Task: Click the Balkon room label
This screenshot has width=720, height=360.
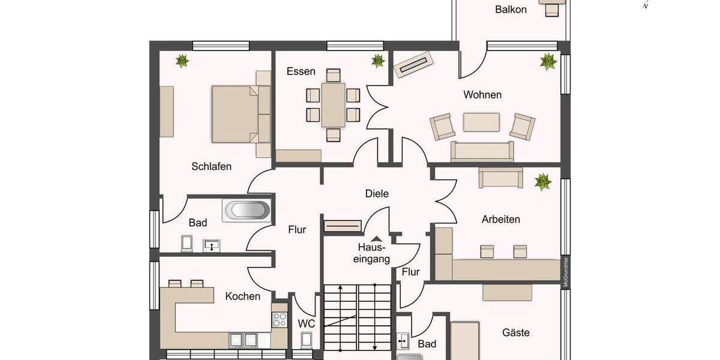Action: coord(511,9)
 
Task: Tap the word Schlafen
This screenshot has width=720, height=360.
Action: coord(211,166)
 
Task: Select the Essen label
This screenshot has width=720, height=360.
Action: coord(301,71)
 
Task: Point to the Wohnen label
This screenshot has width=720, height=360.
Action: coord(482,95)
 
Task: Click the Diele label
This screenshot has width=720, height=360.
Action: coord(377,193)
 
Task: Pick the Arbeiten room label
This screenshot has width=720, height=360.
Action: coord(500,219)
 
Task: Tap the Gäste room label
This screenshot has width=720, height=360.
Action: coord(516,332)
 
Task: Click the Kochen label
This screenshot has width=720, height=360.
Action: coord(242,296)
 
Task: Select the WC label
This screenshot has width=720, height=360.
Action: coord(306,323)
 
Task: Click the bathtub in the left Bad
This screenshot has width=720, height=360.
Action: coord(246,211)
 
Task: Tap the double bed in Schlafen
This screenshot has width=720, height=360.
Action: coord(235,114)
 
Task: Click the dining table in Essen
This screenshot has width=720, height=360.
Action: coord(333,104)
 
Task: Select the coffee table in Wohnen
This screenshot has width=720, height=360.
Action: coord(481,122)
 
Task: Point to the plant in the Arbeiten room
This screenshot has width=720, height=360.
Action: coord(543,181)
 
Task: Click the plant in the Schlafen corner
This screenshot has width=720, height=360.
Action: coord(182,60)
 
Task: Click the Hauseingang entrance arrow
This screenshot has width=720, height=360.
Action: coord(375,238)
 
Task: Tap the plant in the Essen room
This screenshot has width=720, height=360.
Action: coord(377,60)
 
